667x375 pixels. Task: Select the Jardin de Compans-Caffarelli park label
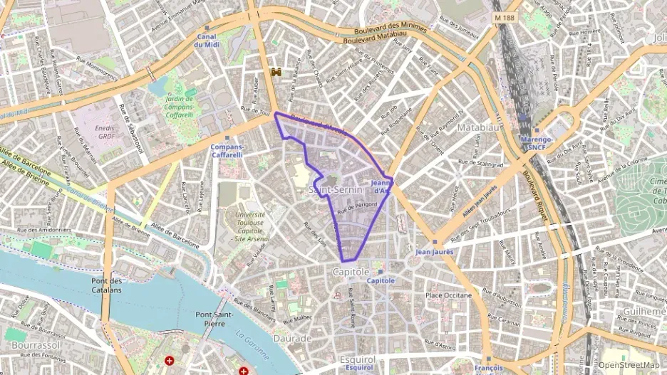pyautogui.click(x=179, y=107)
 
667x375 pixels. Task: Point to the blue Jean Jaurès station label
pyautogui.click(x=434, y=252)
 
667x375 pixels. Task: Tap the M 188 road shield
pyautogui.click(x=505, y=16)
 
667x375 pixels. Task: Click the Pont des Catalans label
pyautogui.click(x=107, y=285)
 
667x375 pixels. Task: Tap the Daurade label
pyautogui.click(x=291, y=339)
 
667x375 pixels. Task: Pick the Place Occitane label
pyautogui.click(x=448, y=295)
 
